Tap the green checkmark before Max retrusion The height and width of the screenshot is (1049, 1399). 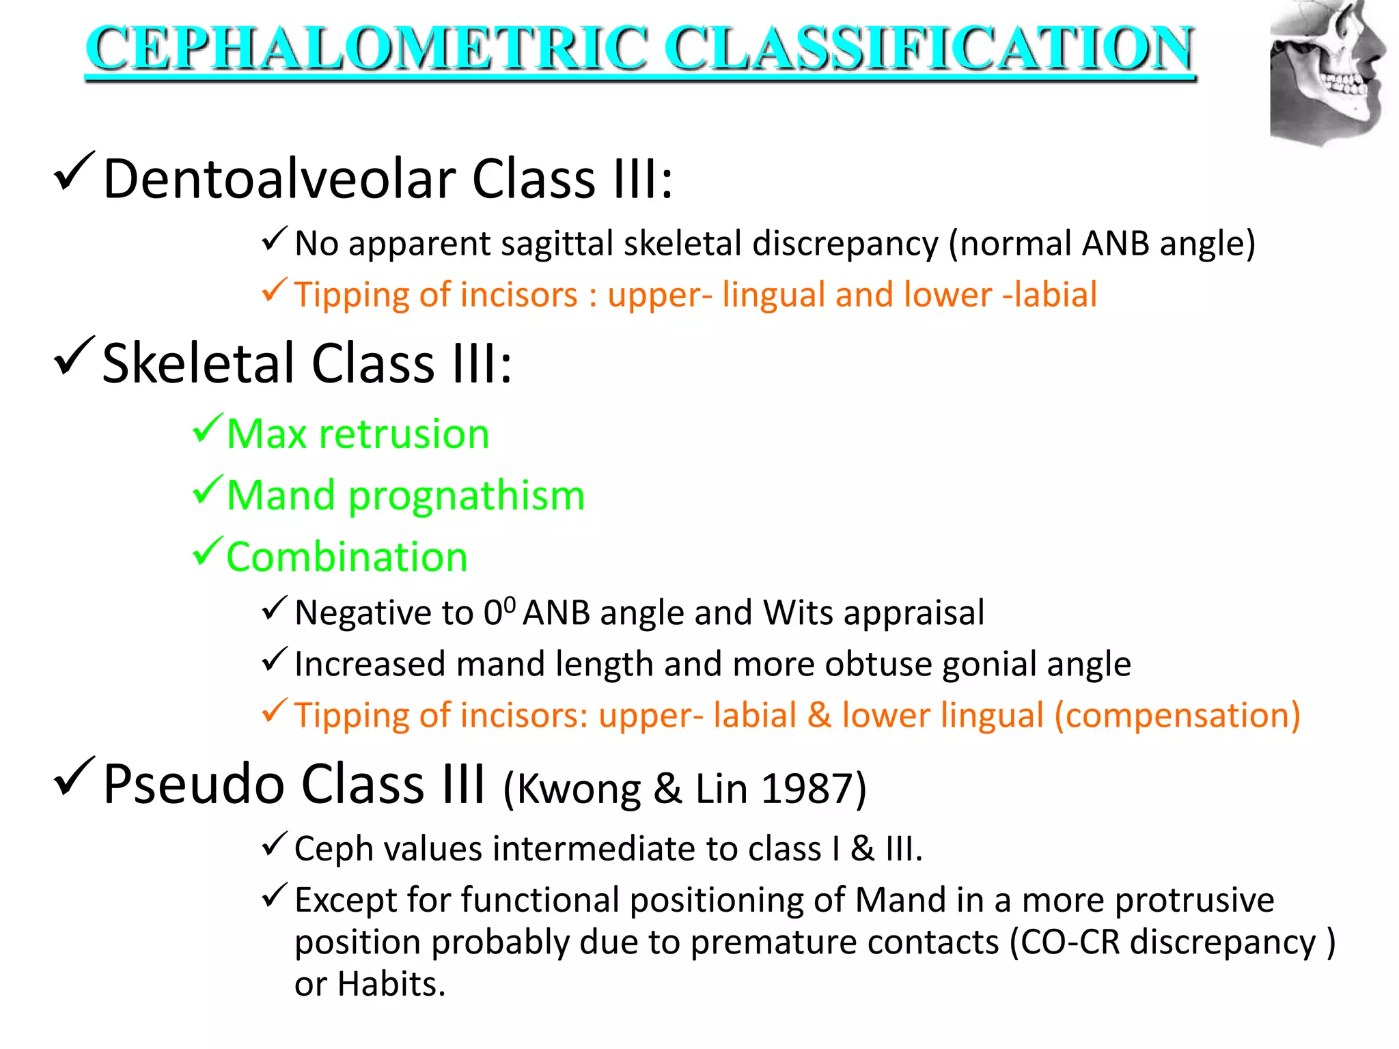point(207,429)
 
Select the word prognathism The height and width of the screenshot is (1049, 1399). point(467,495)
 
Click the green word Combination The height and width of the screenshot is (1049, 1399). point(346,557)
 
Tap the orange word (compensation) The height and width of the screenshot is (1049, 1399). point(1177,716)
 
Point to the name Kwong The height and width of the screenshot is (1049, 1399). point(578,789)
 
